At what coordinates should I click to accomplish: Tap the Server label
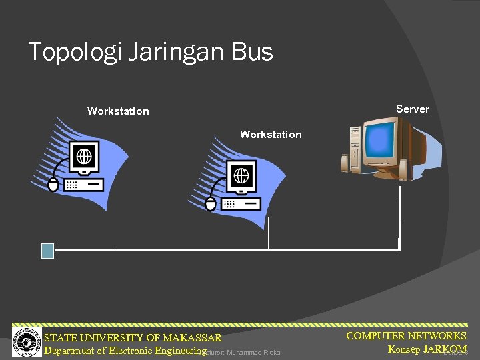412,109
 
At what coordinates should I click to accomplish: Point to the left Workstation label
118,111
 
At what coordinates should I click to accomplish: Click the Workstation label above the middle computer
271,135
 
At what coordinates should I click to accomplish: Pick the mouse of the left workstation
53,185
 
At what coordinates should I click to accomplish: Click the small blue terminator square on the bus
47,250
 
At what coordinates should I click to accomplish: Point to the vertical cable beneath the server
399,217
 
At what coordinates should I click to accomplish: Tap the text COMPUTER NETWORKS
406,336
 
